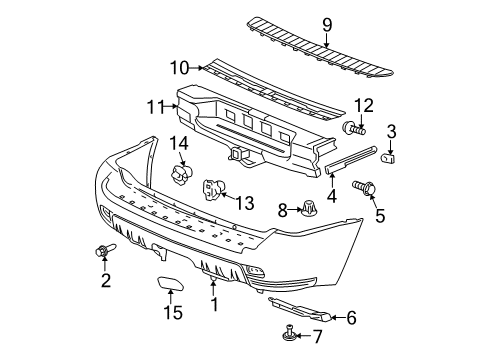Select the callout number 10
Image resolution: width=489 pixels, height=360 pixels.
coord(177,68)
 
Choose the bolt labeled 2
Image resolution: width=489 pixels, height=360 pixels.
coord(104,250)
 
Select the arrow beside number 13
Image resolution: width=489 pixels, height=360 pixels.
coord(229,199)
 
